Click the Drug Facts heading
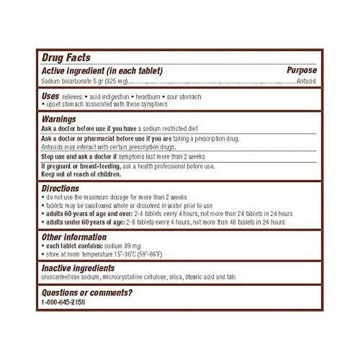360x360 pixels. [66, 58]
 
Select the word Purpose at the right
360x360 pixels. [301, 71]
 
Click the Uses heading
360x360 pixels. [51, 96]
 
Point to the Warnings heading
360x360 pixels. [59, 119]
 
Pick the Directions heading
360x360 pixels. [61, 188]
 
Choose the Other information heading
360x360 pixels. [74, 237]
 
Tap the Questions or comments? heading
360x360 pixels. [87, 292]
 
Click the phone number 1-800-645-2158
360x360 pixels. [64, 302]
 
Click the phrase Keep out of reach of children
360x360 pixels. [82, 174]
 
